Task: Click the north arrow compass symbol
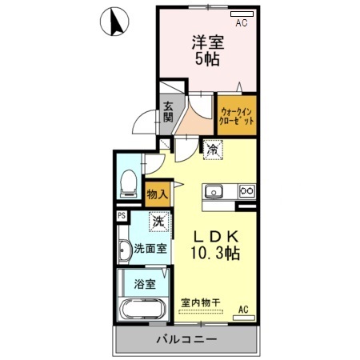point(114,22)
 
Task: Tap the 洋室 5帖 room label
point(208,50)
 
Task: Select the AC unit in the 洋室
point(242,14)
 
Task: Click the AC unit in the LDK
point(244,318)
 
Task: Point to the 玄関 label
point(168,112)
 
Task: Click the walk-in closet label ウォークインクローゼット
point(237,116)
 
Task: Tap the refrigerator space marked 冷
point(213,150)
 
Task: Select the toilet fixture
point(129,183)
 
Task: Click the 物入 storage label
point(158,194)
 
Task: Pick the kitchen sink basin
point(214,192)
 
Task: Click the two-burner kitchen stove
point(247,190)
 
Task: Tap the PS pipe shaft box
point(122,215)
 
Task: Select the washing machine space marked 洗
point(159,222)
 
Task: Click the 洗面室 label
point(150,249)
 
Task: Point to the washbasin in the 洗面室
point(124,250)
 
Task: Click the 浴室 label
point(145,284)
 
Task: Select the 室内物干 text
point(201,302)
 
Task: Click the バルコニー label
point(186,339)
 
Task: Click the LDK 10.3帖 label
point(215,245)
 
